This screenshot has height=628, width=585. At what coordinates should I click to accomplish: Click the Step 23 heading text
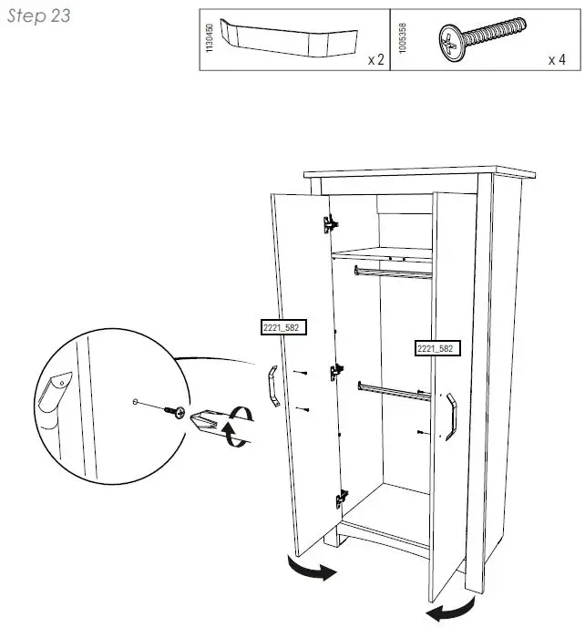39,16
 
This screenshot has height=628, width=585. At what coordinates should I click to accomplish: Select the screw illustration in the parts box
482,37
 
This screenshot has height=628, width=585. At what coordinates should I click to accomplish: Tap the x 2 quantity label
375,60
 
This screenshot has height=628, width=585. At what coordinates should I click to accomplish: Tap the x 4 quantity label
557,60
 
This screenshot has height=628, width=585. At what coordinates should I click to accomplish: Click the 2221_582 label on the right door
435,348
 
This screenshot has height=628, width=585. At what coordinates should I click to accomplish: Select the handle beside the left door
273,386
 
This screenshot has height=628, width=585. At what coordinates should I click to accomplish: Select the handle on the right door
449,416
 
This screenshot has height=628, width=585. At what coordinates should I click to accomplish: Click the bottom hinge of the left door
342,497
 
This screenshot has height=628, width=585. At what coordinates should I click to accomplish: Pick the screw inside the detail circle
172,411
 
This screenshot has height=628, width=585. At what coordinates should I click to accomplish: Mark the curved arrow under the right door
450,609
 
